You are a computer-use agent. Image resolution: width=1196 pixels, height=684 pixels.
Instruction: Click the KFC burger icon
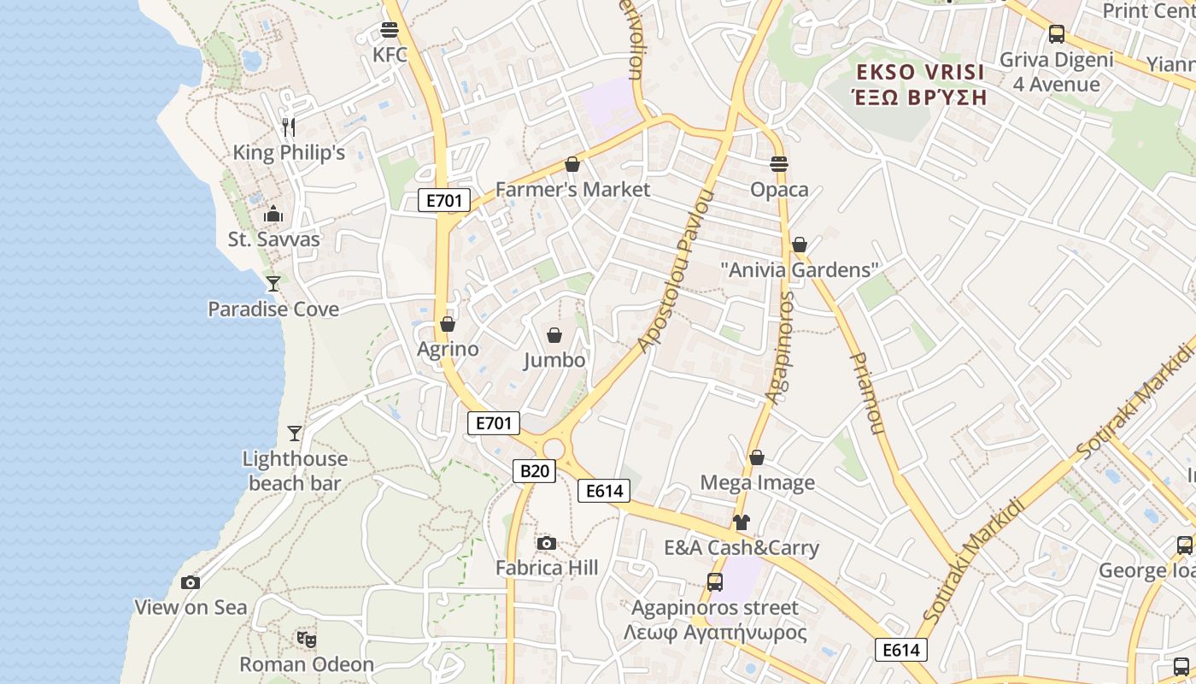(390, 31)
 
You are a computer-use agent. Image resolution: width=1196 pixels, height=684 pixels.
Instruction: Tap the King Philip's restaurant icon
(289, 128)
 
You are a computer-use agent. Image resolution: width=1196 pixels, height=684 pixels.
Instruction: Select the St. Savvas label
(273, 239)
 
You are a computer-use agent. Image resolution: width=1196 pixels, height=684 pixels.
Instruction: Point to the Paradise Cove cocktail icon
(273, 284)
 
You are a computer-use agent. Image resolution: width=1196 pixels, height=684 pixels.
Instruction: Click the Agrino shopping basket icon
(447, 325)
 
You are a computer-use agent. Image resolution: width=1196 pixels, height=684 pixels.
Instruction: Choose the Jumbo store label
(554, 360)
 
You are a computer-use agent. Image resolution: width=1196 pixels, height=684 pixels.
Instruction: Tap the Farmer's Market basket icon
(572, 164)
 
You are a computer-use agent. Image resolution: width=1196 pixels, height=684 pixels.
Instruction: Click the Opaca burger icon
(778, 164)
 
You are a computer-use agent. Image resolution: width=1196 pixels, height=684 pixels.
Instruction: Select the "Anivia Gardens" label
(800, 270)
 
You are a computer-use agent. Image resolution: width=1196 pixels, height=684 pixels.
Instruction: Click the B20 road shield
(534, 471)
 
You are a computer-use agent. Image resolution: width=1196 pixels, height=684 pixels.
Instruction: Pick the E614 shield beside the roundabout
(604, 491)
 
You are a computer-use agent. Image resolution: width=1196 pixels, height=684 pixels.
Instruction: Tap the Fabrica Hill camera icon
(547, 543)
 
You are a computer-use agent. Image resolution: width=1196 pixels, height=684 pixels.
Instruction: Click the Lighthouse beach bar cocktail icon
(295, 433)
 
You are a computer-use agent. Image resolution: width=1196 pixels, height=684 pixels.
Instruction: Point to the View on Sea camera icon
(191, 583)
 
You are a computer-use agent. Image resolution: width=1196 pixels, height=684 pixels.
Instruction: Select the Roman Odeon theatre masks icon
(307, 639)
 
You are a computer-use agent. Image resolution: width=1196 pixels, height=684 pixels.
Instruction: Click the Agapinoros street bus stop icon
(715, 582)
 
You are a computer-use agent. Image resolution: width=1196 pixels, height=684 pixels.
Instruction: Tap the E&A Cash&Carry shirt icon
(741, 522)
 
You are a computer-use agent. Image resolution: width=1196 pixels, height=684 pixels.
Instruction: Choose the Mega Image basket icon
(757, 458)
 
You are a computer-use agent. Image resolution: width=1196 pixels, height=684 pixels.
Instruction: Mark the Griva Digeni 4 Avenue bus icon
(1057, 34)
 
